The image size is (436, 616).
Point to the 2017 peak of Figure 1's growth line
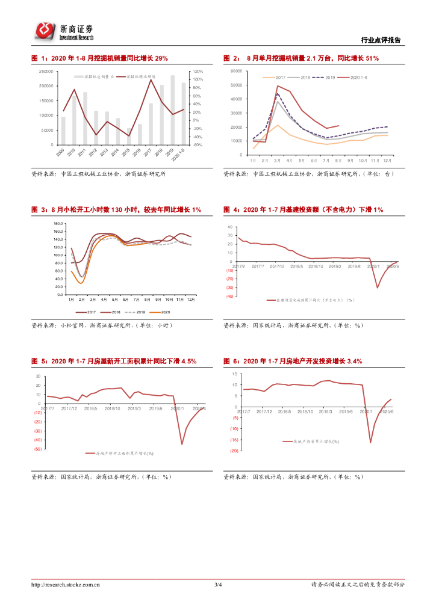click(151, 80)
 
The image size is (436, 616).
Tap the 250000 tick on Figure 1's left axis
click(46, 71)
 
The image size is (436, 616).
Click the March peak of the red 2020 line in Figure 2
click(278, 86)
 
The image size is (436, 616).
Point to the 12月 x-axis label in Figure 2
click(387, 161)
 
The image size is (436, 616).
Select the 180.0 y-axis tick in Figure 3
click(58, 223)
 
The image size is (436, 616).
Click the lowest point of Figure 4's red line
click(378, 288)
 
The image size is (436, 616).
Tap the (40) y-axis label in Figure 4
click(229, 296)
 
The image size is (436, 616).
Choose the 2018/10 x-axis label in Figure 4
click(315, 266)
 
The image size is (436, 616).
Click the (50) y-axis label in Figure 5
click(37, 449)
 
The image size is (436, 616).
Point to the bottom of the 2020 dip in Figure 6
click(370, 442)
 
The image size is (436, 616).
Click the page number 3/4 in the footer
click(218, 584)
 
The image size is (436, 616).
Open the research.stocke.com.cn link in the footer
click(66, 584)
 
